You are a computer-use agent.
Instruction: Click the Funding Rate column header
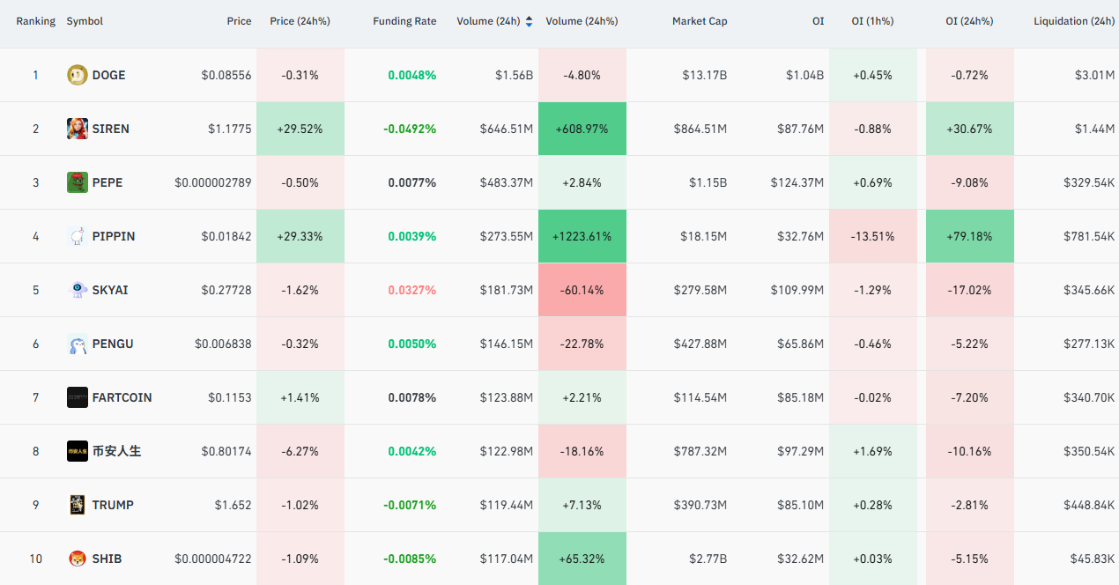404,21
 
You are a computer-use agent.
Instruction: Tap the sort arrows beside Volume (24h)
529,21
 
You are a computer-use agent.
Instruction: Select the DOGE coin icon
77,75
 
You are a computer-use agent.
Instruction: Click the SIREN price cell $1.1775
229,129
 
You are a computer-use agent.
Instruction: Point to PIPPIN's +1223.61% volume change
582,236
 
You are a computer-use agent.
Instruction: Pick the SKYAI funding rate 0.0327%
411,290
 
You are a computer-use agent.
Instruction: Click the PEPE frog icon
77,182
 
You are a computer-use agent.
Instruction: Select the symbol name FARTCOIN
122,397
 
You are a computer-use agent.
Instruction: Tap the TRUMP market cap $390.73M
700,505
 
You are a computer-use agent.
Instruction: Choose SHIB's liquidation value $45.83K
1092,559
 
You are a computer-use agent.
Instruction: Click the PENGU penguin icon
77,344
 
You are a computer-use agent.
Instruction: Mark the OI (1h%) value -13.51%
872,236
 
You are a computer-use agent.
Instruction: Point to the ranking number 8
35,452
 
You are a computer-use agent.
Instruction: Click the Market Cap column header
700,21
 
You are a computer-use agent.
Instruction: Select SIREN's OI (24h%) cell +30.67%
969,129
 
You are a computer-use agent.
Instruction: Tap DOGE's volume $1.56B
514,75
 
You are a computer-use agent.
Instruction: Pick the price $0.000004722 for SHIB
213,559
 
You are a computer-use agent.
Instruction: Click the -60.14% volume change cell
582,290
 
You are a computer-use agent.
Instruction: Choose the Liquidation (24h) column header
1074,21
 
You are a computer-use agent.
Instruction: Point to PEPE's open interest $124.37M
797,182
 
